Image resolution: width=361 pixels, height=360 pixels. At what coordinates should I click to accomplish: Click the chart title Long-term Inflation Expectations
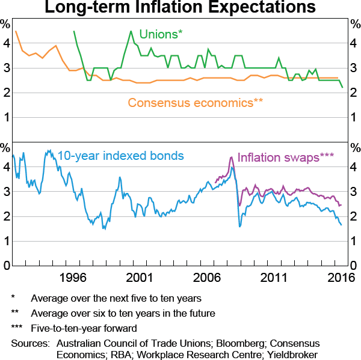180,8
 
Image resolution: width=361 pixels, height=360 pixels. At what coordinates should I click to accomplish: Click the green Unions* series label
161,34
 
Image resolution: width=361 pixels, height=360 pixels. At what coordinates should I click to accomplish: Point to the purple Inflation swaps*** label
286,157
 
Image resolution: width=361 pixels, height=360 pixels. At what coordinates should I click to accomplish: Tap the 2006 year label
208,277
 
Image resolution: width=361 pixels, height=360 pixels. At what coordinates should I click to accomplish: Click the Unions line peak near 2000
131,31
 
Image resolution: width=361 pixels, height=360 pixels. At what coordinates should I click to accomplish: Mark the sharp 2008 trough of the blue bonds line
240,226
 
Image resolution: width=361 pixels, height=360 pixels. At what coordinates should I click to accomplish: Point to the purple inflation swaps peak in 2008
232,157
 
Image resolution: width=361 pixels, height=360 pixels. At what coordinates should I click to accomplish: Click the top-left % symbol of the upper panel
5,25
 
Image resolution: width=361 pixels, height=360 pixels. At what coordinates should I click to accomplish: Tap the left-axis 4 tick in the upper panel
5,43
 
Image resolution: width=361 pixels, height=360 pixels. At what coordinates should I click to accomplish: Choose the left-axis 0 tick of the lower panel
5,266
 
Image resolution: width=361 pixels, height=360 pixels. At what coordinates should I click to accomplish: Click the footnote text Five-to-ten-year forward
84,328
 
